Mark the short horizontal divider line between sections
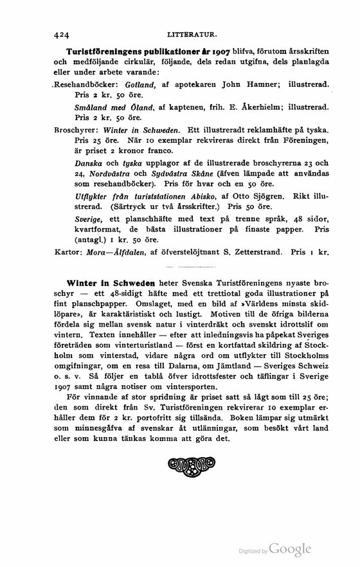[179, 266]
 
